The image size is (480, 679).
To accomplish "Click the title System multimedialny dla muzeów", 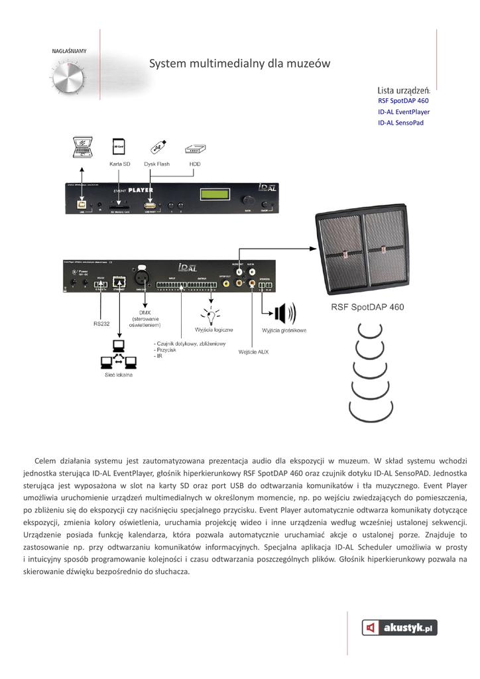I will coord(239,64).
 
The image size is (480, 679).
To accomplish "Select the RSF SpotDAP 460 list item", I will coord(403,101).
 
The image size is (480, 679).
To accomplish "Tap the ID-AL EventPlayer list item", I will coord(404,112).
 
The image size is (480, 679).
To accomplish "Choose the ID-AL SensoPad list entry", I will coord(400,123).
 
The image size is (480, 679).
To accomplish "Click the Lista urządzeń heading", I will coord(404,90).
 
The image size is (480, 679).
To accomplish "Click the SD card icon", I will coord(119,146).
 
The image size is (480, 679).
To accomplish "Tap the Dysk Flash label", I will coord(156,163).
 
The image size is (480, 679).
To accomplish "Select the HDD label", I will coord(194,163).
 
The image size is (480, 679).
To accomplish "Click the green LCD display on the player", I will coord(216,195).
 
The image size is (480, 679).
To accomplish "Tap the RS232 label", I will coord(101,324).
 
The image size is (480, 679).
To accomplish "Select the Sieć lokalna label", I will coord(119,375).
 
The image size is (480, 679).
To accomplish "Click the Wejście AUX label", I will coord(253,351).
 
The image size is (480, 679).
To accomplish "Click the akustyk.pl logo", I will coord(399,627).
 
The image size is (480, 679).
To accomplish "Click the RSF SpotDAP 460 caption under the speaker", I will coord(367,307).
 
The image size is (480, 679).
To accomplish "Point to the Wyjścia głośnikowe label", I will coord(284,330).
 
